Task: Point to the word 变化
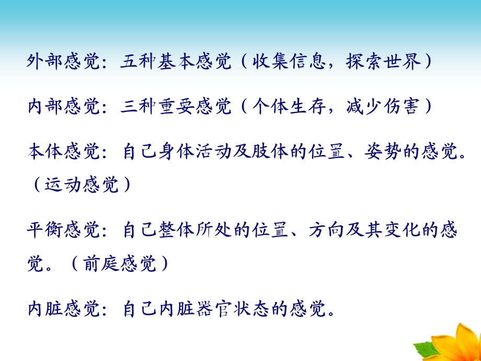pyautogui.click(x=408, y=231)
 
